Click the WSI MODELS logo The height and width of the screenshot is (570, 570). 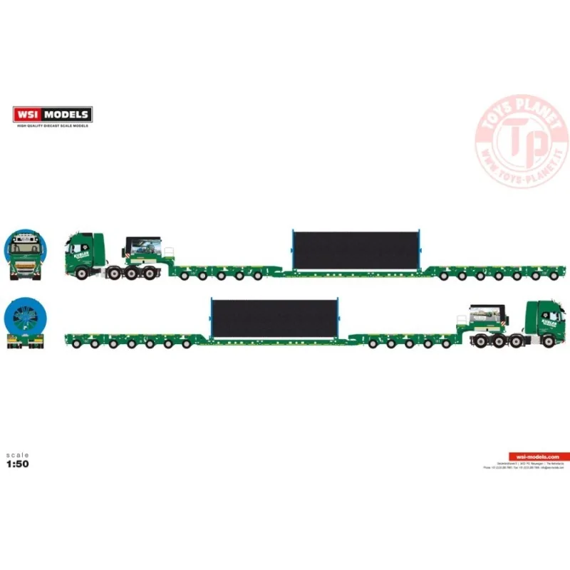click(x=52, y=113)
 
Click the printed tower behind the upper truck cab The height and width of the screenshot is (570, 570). click(x=146, y=249)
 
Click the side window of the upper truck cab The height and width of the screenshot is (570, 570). click(x=77, y=248)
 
